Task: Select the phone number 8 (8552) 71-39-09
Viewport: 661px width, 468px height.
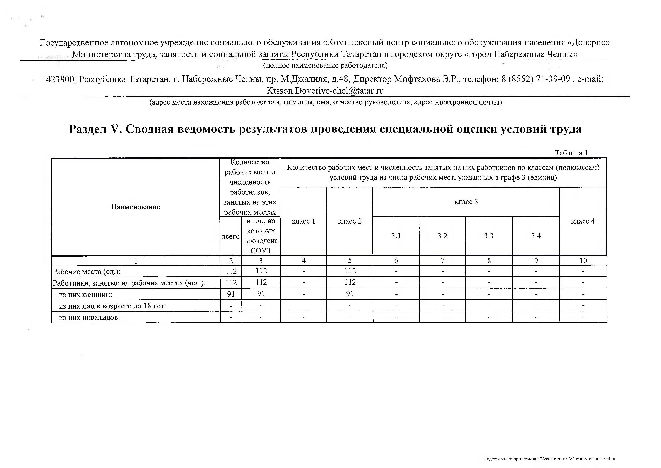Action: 535,79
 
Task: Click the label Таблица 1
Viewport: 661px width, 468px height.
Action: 571,153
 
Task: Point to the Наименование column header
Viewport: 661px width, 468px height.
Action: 136,207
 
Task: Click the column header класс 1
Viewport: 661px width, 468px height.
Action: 303,221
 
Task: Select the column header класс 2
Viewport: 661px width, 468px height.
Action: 349,221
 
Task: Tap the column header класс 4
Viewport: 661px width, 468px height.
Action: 583,221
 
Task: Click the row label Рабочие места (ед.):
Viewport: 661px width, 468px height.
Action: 86,272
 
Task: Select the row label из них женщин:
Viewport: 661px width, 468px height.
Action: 85,295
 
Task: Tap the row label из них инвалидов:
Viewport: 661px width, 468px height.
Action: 89,318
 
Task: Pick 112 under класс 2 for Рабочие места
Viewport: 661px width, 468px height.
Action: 350,271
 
